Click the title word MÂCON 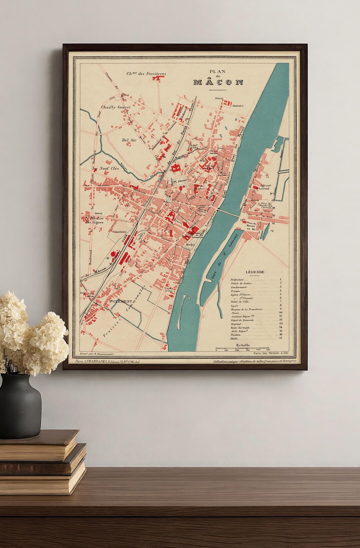(x=218, y=83)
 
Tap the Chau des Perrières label (x=146, y=74)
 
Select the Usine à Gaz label (x=169, y=289)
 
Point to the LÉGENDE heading (x=255, y=272)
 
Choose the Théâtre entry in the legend (x=236, y=334)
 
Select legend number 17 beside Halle (x=281, y=338)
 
